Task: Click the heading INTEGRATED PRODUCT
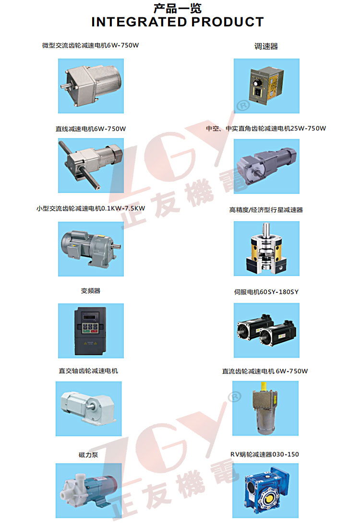click(178, 22)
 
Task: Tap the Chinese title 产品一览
click(178, 8)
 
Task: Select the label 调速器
click(266, 46)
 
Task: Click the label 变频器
click(91, 290)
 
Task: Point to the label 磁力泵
click(88, 455)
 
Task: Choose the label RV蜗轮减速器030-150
click(264, 454)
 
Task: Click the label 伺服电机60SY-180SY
click(266, 292)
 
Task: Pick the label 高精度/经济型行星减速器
click(266, 210)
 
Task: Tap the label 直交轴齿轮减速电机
click(88, 371)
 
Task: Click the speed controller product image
click(267, 86)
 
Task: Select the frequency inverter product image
click(91, 331)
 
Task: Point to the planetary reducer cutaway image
click(267, 249)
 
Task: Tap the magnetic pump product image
click(89, 491)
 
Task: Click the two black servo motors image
click(267, 330)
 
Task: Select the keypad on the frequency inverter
click(90, 328)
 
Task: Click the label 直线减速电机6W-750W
click(91, 129)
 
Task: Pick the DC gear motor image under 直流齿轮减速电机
click(265, 408)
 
